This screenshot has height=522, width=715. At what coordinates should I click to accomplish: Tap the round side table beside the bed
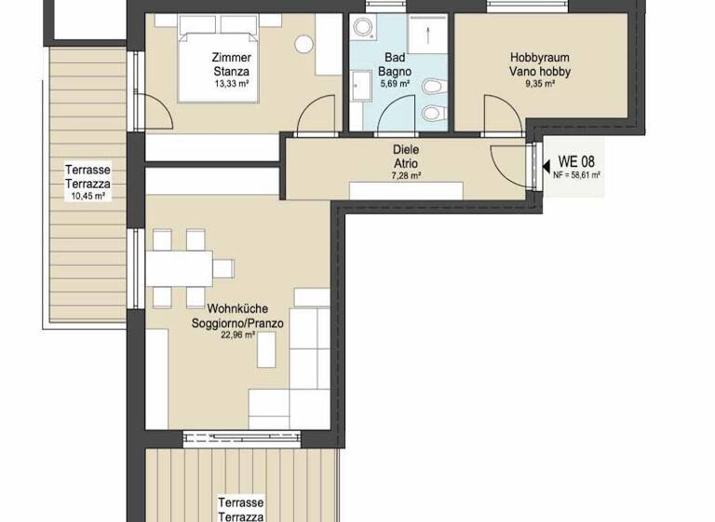point(304,43)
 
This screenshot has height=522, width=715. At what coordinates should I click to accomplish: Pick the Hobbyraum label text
point(540,58)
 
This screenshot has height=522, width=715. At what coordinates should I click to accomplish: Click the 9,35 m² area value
point(540,83)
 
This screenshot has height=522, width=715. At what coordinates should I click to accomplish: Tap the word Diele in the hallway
point(407,149)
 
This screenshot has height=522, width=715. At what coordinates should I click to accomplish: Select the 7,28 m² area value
point(407,175)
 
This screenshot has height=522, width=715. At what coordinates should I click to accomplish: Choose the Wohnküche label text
point(233,309)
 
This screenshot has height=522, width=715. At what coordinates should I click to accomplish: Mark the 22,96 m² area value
point(233,336)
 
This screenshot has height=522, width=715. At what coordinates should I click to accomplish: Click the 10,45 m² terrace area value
point(88,196)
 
